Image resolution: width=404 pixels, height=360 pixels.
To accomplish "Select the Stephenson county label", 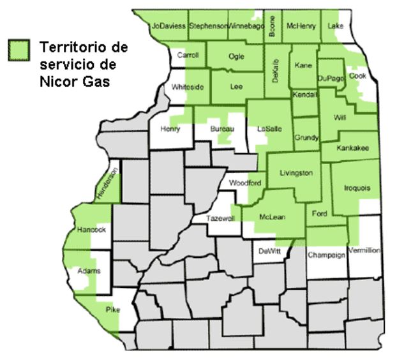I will coord(209,26).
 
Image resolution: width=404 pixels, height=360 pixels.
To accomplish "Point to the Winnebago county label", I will coord(246,26).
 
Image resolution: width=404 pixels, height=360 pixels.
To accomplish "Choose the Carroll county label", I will coord(188,56).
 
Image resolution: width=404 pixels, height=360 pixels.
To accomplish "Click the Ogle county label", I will coord(236,56).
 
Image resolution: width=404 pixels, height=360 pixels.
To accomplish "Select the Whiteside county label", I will coord(188,87).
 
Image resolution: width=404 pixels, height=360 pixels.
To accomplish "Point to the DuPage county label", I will coord(331,77).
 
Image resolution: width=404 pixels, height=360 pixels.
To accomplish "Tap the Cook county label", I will coord(358,75).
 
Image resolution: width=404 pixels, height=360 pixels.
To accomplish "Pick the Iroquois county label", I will coord(357,188).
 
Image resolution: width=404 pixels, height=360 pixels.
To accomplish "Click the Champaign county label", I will coord(326,254).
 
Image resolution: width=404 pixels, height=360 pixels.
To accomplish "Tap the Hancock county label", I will coord(89,229).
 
